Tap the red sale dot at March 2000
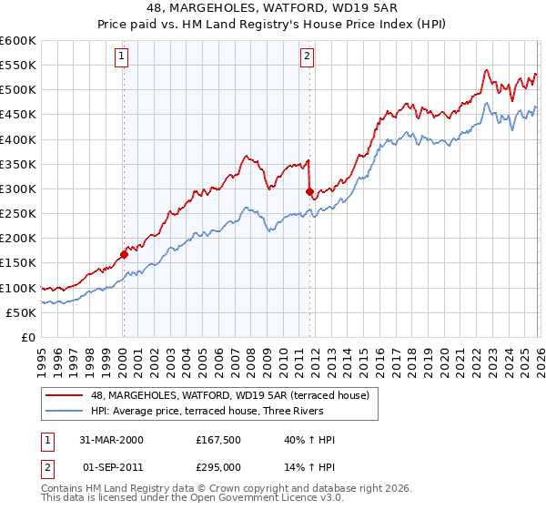[x=124, y=254]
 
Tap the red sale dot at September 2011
[x=309, y=191]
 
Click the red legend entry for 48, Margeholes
[x=229, y=395]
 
